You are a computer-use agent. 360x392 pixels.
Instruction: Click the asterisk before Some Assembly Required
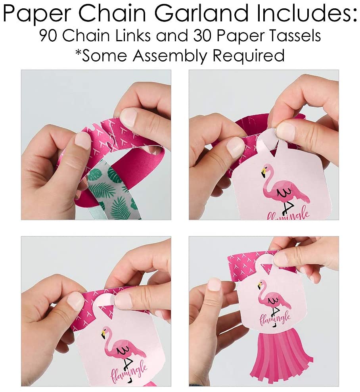[x=79, y=52]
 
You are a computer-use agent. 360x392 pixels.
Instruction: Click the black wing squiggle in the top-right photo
[x=284, y=192]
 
